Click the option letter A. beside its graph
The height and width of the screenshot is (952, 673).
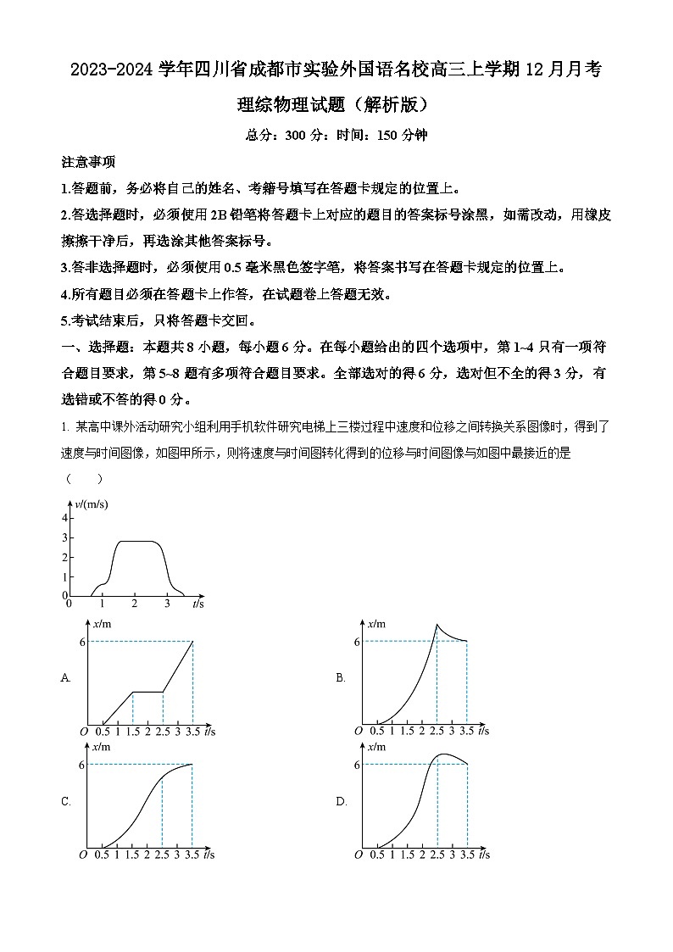[66, 677]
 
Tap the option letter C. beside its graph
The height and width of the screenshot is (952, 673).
[66, 801]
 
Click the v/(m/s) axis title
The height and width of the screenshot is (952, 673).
[92, 504]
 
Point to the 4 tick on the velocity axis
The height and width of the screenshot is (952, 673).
[65, 517]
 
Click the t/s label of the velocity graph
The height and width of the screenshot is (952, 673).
[197, 604]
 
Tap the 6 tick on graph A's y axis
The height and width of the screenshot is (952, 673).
[82, 642]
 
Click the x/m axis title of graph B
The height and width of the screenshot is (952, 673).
[374, 623]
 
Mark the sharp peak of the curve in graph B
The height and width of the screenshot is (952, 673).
[437, 626]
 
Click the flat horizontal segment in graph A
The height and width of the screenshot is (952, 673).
[147, 692]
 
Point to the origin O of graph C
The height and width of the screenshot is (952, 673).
[83, 855]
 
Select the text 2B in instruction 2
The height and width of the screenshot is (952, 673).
[219, 215]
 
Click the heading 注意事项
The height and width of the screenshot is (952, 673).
[88, 162]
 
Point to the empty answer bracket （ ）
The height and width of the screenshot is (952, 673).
[84, 478]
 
